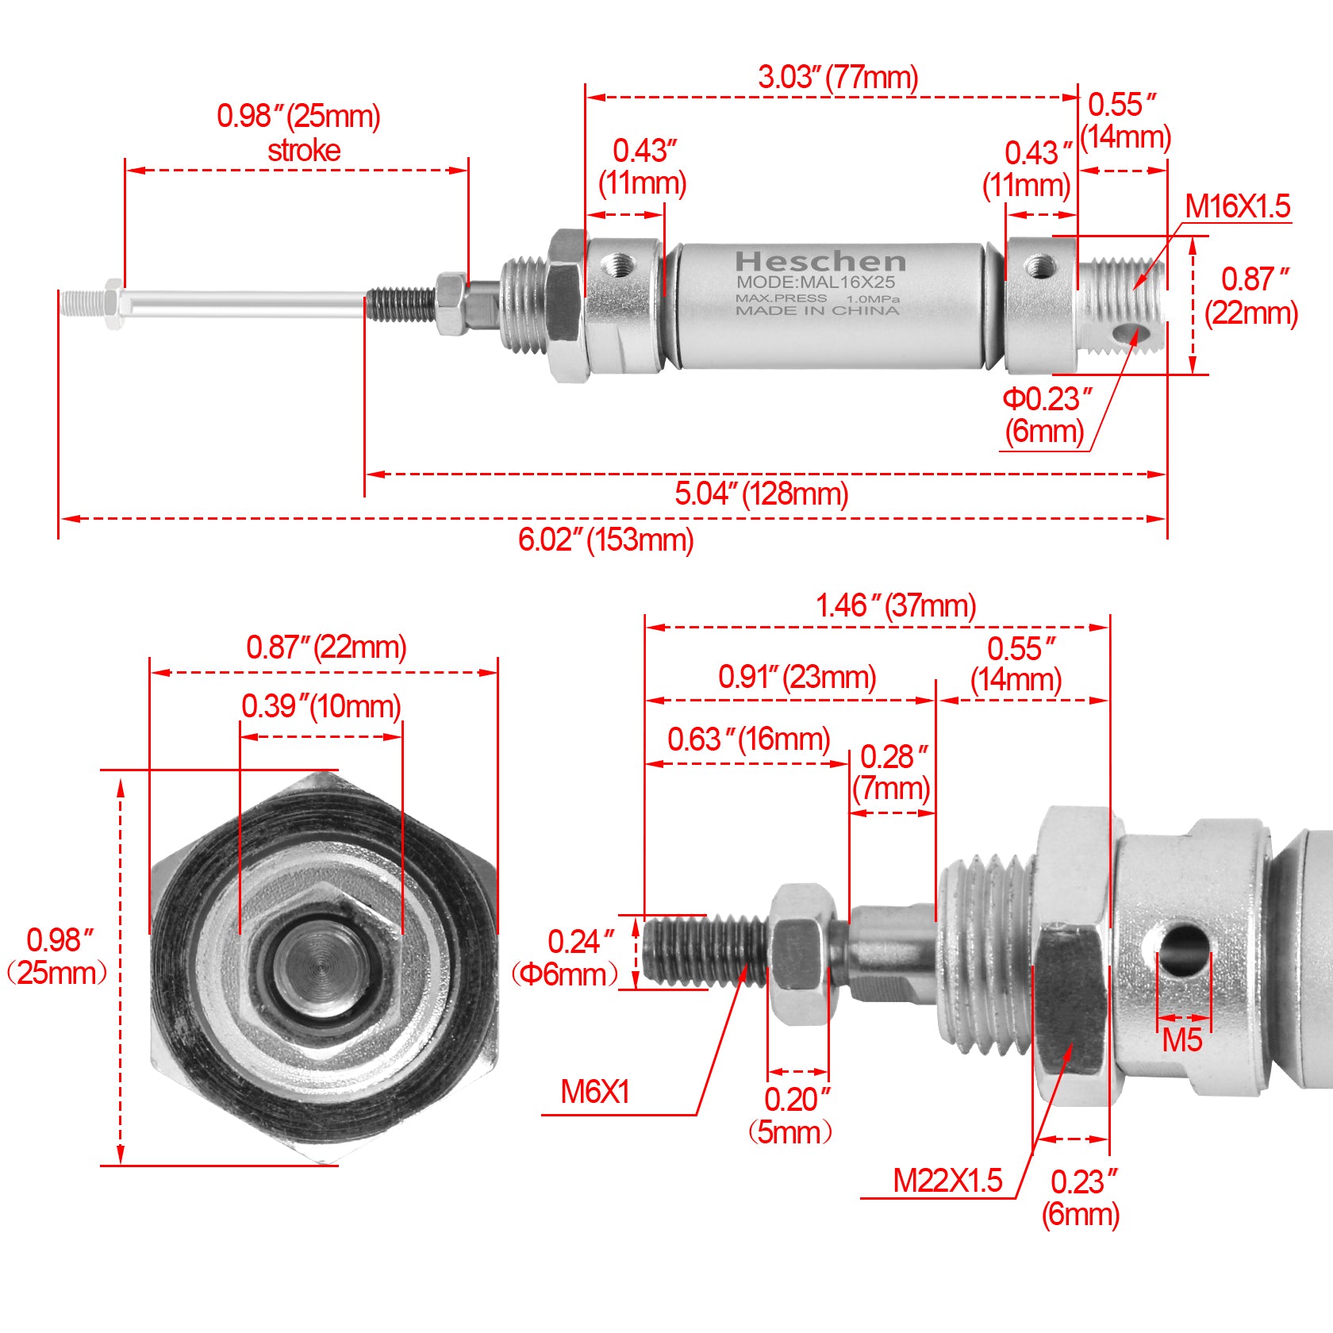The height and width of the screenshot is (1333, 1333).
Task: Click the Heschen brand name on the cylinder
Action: tap(820, 261)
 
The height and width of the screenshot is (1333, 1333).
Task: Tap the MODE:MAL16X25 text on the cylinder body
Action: tap(815, 282)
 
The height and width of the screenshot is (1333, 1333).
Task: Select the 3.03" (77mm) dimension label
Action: tap(838, 78)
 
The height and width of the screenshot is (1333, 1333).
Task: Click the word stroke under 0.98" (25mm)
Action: tap(304, 151)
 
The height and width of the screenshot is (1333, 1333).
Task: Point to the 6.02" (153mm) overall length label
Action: tap(605, 540)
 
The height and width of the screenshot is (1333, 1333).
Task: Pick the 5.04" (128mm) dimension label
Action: tap(762, 494)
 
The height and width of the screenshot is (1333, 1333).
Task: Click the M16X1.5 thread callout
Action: tap(1237, 207)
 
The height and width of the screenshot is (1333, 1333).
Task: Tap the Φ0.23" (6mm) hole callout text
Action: tap(1046, 415)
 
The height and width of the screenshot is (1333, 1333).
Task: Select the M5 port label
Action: tap(1181, 1041)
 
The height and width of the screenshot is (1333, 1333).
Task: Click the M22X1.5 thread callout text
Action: tap(947, 1181)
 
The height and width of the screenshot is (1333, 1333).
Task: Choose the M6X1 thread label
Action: tap(595, 1093)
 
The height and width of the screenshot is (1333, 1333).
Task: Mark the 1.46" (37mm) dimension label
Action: tap(896, 606)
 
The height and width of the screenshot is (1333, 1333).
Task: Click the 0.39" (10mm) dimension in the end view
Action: tap(321, 706)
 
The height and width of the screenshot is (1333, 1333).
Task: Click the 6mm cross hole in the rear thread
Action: tap(1126, 332)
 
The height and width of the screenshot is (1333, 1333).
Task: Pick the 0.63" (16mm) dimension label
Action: tap(748, 739)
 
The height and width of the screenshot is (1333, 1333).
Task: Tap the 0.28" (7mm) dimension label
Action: tap(892, 773)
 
